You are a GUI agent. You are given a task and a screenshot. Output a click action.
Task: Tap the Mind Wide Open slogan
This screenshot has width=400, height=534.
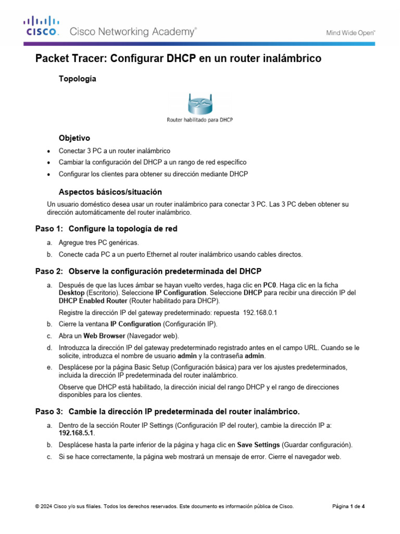(351, 32)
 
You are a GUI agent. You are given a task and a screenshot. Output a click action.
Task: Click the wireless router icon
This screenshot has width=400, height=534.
(200, 103)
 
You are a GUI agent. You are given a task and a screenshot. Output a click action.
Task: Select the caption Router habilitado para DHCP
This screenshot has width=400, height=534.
(199, 119)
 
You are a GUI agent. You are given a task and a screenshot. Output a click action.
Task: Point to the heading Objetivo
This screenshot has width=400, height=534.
(74, 138)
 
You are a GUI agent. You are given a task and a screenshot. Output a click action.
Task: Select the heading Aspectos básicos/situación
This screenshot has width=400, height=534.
(110, 192)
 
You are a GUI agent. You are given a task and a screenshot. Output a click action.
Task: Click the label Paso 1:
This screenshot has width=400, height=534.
(48, 228)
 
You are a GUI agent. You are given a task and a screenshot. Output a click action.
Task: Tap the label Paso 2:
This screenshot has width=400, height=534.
(48, 271)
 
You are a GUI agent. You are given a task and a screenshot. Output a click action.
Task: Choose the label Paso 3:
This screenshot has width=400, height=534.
(48, 410)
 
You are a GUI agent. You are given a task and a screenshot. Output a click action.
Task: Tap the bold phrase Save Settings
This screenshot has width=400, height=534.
(259, 445)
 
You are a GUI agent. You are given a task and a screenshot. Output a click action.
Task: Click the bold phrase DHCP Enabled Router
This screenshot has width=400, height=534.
(93, 301)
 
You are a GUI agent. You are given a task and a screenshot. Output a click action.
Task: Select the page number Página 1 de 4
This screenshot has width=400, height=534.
(348, 506)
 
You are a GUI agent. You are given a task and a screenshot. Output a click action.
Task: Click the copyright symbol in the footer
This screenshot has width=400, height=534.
(37, 506)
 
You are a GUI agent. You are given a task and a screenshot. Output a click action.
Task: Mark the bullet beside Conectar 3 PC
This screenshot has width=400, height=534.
(49, 151)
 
